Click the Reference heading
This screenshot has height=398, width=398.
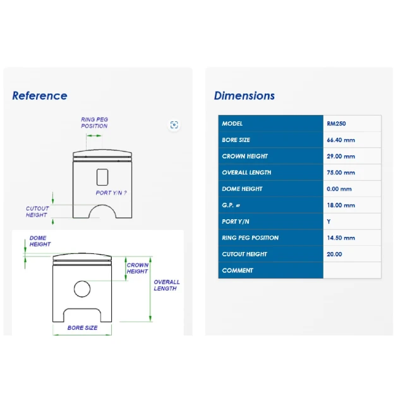pyautogui.click(x=40, y=95)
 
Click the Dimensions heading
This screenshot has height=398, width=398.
pyautogui.click(x=244, y=95)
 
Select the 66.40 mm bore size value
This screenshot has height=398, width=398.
pyautogui.click(x=341, y=140)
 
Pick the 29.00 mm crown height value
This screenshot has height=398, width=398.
pyautogui.click(x=341, y=156)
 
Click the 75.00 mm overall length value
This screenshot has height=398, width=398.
pyautogui.click(x=341, y=172)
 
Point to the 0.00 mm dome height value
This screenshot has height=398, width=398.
pyautogui.click(x=339, y=189)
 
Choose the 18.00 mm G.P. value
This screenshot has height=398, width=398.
pyautogui.click(x=341, y=205)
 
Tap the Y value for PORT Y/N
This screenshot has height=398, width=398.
pyautogui.click(x=329, y=222)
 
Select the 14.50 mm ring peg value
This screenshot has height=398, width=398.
pyautogui.click(x=341, y=238)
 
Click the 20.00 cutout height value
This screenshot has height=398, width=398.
pyautogui.click(x=334, y=254)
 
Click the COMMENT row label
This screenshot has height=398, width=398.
pyautogui.click(x=238, y=270)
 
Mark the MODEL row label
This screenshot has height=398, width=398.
pyautogui.click(x=232, y=124)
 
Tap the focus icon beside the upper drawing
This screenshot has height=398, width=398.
pyautogui.click(x=174, y=125)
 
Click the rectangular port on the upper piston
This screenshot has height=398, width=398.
pyautogui.click(x=102, y=177)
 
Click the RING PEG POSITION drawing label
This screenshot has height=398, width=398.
pyautogui.click(x=94, y=123)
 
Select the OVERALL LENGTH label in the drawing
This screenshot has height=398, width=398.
pyautogui.click(x=167, y=285)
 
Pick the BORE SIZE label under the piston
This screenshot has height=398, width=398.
pyautogui.click(x=82, y=328)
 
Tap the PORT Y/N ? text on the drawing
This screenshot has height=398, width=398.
pyautogui.click(x=111, y=193)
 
